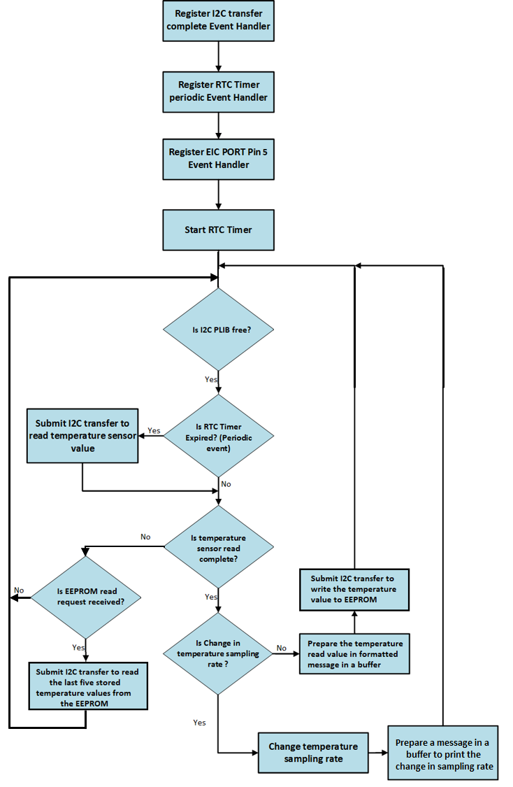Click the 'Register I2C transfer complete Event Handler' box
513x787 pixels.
coord(219,21)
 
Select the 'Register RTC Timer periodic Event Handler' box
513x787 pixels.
coord(219,91)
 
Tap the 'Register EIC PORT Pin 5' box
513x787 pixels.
coord(219,158)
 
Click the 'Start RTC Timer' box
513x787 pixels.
coord(219,229)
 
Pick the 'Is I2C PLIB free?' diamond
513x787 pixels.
coord(219,329)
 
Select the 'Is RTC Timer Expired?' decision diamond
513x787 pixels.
coord(219,434)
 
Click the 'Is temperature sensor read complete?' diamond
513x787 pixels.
coord(219,547)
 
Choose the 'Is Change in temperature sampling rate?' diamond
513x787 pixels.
coord(219,653)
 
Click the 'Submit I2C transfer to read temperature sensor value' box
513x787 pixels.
coord(82,436)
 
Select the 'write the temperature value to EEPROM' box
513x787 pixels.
coord(354,589)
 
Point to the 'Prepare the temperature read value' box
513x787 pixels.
coord(354,653)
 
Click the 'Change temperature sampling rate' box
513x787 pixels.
coord(313,753)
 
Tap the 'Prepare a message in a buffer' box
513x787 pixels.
coord(443,753)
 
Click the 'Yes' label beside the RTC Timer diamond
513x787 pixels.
coord(154,431)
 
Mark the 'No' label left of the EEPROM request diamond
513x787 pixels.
coord(19,590)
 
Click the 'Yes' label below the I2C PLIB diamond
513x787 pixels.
coord(210,380)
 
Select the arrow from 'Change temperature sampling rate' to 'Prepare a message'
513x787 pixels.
coord(378,753)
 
